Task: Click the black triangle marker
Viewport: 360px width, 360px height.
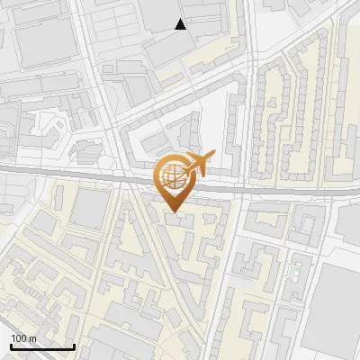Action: tap(181, 24)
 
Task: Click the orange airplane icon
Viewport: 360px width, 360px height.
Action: tap(197, 165)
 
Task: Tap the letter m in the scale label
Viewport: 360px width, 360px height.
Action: tap(32, 338)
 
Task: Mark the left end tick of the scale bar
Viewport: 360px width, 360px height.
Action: tap(11, 346)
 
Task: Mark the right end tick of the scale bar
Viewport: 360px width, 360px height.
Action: tap(74, 346)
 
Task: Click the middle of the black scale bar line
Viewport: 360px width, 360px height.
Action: tap(42, 346)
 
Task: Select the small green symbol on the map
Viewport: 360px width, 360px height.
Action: tap(292, 269)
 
